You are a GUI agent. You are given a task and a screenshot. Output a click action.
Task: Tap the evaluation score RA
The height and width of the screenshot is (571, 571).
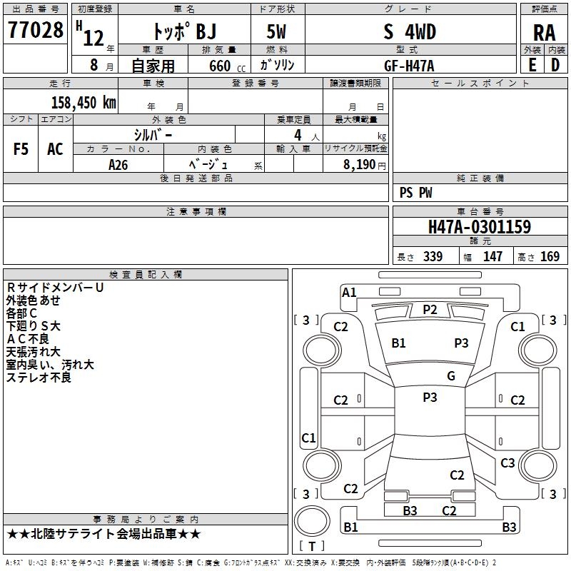[x=544, y=33]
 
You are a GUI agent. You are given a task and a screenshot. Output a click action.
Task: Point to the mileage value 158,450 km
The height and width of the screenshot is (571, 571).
[x=84, y=103]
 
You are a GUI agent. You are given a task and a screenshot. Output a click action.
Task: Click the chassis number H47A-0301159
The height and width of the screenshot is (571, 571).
[x=479, y=228]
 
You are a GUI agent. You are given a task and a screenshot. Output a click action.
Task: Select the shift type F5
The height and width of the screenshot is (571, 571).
[x=21, y=149]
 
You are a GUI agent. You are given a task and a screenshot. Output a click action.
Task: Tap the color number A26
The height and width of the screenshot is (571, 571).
[x=118, y=164]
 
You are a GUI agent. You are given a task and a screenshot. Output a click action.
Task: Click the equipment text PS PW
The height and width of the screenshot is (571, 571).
[x=416, y=193]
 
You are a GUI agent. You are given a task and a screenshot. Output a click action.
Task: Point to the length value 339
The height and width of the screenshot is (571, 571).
[x=433, y=257]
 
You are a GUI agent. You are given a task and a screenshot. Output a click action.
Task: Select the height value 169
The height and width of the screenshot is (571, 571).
[x=550, y=257]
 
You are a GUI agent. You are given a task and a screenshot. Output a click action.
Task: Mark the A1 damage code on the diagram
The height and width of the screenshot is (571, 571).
[x=349, y=292]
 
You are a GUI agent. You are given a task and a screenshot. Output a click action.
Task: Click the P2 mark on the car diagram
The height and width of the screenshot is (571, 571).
[x=430, y=309]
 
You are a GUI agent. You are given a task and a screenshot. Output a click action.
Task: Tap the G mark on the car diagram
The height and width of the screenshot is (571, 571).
[x=451, y=376]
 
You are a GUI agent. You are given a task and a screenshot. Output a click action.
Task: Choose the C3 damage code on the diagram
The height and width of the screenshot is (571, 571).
[x=507, y=463]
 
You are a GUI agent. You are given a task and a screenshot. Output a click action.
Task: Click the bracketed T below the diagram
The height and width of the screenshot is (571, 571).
[x=311, y=546]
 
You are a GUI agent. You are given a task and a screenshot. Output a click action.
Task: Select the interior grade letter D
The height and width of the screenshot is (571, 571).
[x=555, y=65]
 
